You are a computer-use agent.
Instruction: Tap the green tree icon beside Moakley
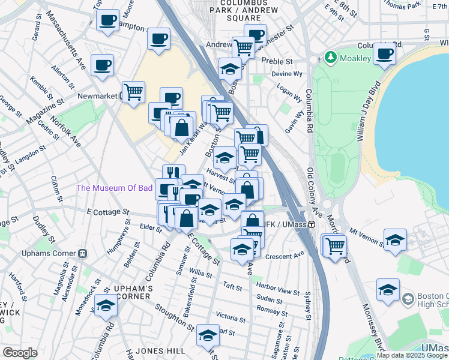tap(330, 58)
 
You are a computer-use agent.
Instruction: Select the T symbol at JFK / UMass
tap(312, 224)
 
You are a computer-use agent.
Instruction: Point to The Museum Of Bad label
tap(113, 188)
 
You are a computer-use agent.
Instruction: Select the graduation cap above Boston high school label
tap(388, 290)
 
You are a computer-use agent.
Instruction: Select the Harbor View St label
tap(277, 290)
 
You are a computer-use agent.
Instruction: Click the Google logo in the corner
tap(20, 353)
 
